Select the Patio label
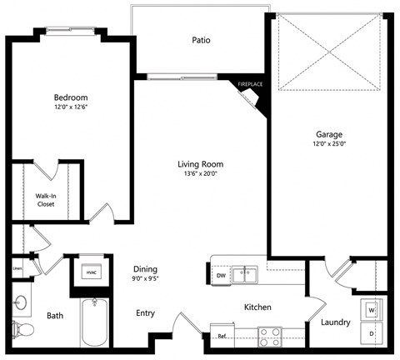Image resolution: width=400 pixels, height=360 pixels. coord(200,39)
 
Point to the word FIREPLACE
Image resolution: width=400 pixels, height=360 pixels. coord(250,84)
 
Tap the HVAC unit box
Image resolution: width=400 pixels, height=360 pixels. coord(89,272)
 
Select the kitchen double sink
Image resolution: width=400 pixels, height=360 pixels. coord(243,272)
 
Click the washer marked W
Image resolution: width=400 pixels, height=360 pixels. coord(372,310)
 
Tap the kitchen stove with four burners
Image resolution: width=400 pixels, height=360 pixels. coord(269,336)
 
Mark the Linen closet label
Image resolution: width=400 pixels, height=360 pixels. coord(17,268)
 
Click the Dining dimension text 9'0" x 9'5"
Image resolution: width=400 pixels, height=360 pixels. coord(147,279)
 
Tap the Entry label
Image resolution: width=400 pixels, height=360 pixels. coord(146,313)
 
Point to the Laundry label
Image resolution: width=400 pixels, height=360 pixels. coord(334,322)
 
